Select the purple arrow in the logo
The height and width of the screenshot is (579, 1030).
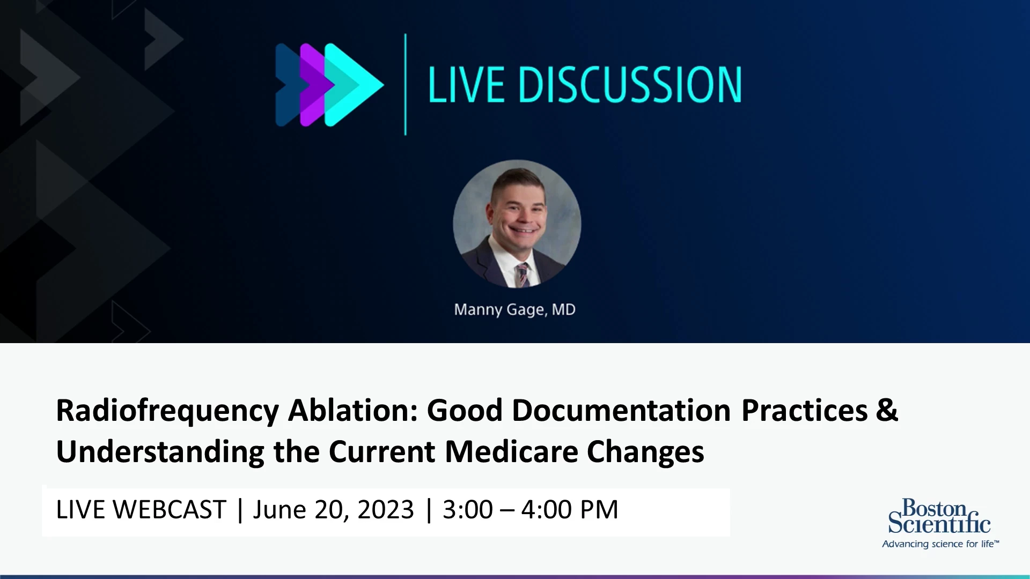[x=317, y=85]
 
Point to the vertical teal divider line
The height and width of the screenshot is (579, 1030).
[x=405, y=84]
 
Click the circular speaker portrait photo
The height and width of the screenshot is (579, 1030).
[x=517, y=224]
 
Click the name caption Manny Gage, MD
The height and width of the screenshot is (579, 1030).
[x=514, y=310]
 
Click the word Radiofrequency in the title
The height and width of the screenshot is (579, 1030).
[x=167, y=412]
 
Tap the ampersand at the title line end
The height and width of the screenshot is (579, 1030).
[x=887, y=410]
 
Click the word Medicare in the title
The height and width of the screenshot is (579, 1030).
[x=511, y=451]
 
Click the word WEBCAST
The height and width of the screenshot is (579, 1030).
[x=170, y=509]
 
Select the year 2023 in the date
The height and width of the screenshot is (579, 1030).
[x=386, y=509]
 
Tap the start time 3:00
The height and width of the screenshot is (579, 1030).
[x=467, y=509]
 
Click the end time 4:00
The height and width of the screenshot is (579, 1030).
[x=546, y=509]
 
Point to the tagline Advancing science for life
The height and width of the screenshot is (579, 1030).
[x=940, y=544]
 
